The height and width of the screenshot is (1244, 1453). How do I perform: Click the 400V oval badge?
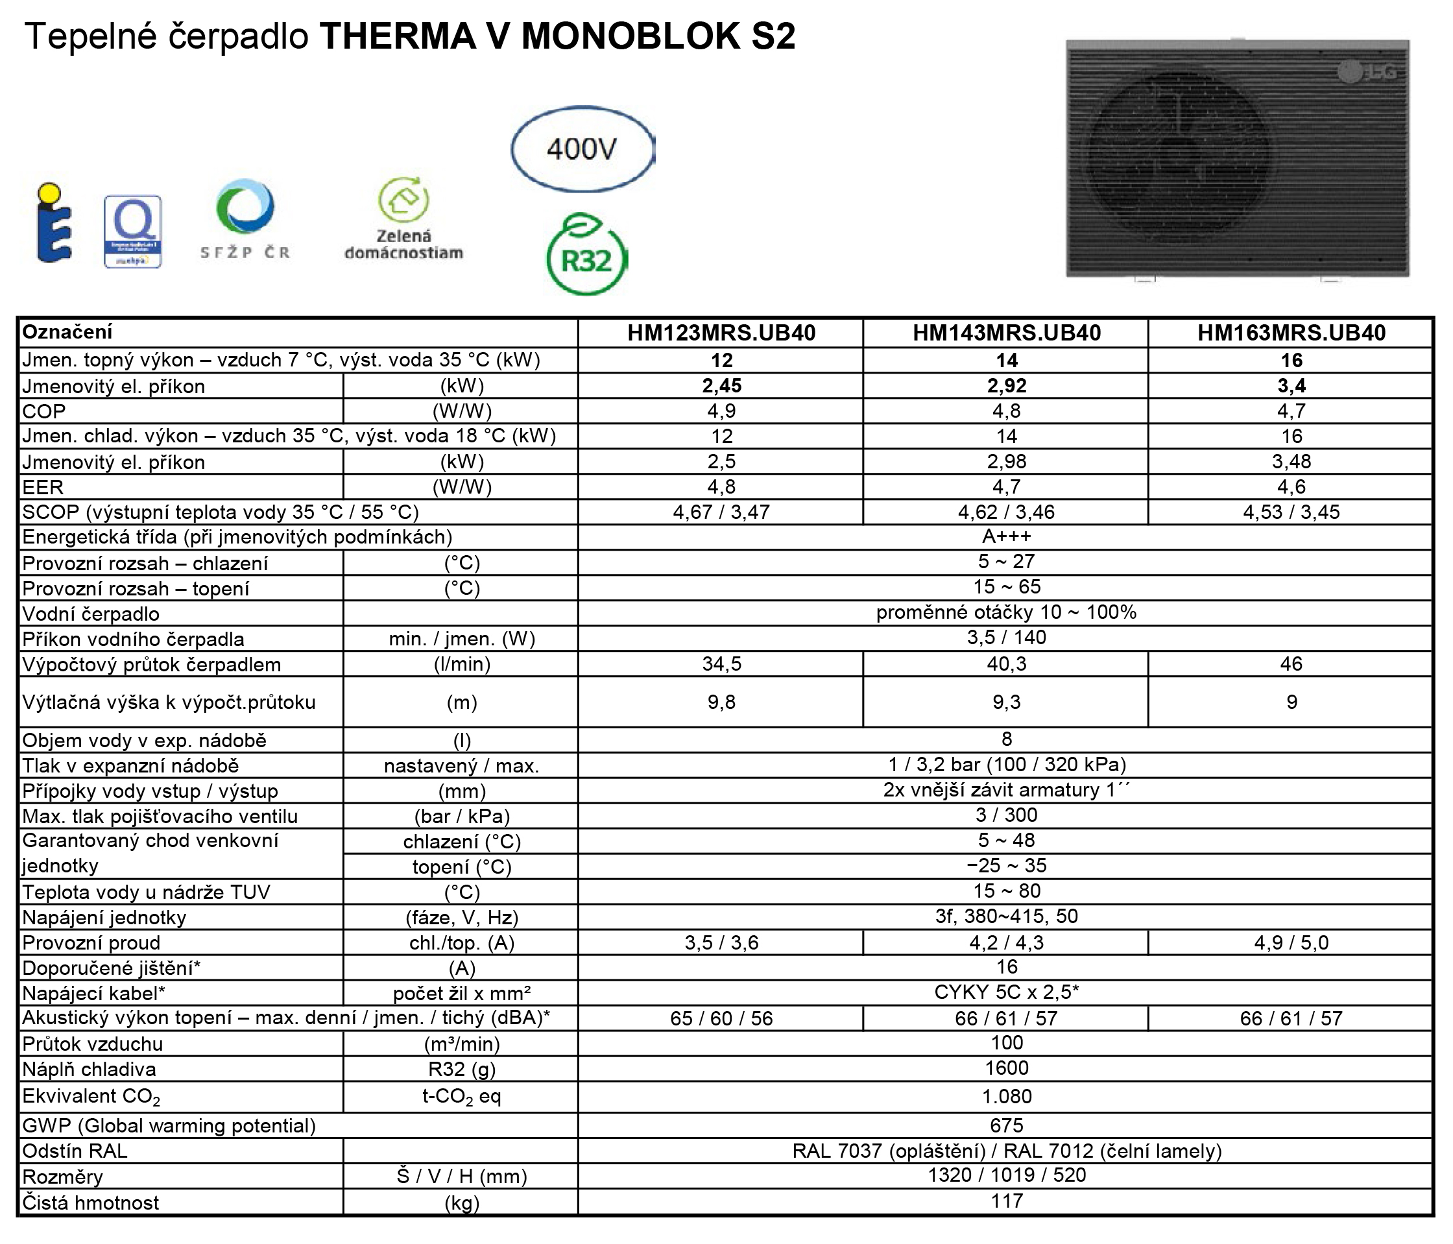coord(581,149)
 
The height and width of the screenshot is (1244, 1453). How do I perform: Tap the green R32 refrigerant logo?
coord(586,257)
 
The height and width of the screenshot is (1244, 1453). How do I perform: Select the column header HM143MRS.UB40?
coord(1005,332)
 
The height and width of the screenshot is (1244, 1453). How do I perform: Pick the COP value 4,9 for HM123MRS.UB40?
coord(721,411)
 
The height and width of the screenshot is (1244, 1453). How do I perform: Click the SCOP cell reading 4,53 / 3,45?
coord(1290,512)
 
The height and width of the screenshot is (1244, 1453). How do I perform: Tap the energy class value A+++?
coord(1005,537)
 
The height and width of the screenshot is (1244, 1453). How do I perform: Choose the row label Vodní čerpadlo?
coord(91,614)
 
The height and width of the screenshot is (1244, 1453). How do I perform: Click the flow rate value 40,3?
coord(1005,664)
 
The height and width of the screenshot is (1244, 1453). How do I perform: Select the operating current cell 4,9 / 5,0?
coord(1290,942)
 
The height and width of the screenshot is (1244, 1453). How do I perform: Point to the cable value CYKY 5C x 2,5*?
coord(1005,992)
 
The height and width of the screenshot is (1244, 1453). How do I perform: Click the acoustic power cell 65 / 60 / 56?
coord(721,1018)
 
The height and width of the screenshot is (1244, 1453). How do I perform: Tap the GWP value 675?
coord(1005,1125)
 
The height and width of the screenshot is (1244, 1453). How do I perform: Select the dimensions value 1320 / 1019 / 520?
coord(1005,1175)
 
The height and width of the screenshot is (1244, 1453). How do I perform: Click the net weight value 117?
coord(1005,1201)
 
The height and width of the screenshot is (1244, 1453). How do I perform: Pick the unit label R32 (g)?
coord(461,1070)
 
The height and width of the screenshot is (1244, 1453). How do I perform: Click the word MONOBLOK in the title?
coord(630,36)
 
